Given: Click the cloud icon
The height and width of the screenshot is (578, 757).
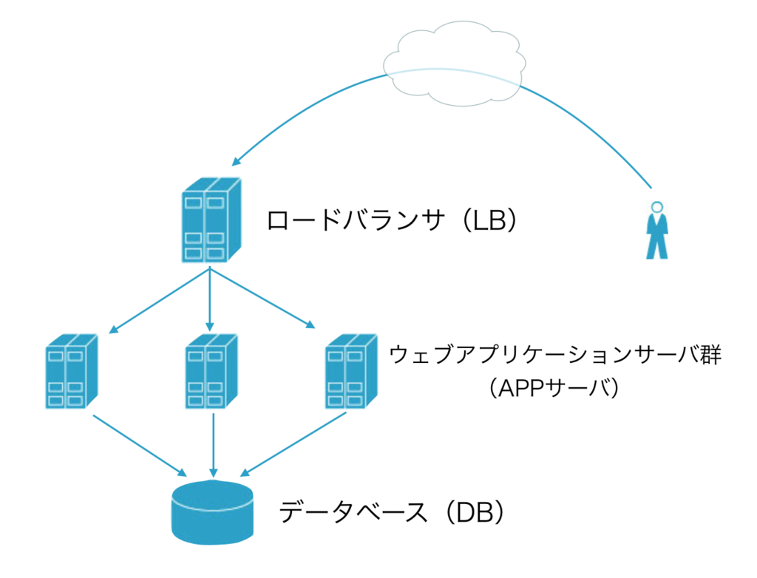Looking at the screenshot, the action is pos(455,64).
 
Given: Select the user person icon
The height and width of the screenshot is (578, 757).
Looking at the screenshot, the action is pos(656,231).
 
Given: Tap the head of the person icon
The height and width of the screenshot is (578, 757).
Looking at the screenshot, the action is pos(656,207).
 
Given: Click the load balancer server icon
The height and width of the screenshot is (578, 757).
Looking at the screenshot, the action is pos(211,220).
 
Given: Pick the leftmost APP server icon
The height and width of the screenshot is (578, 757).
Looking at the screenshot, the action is pos(72,371).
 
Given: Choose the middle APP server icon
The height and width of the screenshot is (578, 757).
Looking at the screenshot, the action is pos(211,371).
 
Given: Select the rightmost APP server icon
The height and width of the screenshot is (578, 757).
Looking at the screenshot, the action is pos(351,371).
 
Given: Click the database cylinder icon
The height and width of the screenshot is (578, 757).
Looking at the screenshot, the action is pos(212,512).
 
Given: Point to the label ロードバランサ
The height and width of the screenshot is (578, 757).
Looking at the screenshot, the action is pos(356,220).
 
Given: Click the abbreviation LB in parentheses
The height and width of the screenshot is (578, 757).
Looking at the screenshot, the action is pos(489,220).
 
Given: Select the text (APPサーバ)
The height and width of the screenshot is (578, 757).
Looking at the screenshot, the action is pos(554,388).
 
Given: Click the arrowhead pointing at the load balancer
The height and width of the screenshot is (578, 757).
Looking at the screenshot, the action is pos(236,161).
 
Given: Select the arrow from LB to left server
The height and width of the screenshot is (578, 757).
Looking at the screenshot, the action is pos(160,301).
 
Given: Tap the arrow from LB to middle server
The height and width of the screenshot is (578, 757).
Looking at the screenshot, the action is pos(209,299).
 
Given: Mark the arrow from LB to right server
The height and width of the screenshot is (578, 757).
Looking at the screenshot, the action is pos(262,299).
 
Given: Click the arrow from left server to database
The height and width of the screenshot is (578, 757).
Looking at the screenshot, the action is pos(140,445).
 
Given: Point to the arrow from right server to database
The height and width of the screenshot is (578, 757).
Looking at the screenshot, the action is pos(293,444).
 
